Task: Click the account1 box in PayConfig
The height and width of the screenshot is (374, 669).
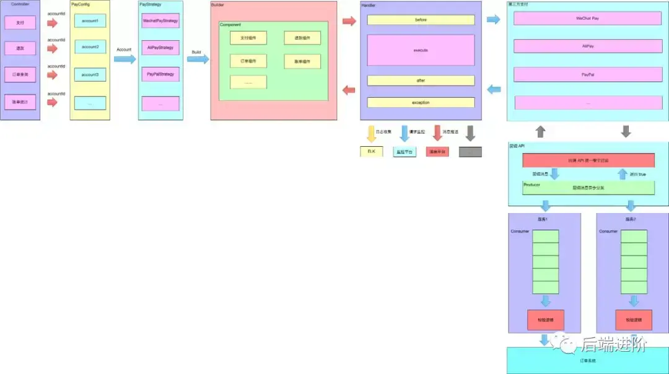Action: coord(90,21)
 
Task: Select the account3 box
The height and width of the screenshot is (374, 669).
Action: coord(90,74)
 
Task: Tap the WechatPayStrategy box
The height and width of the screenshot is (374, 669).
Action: coord(160,21)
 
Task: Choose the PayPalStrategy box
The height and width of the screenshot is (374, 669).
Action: coord(160,74)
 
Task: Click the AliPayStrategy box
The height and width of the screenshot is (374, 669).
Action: coord(160,47)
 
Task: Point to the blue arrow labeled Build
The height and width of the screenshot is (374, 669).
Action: coord(198,59)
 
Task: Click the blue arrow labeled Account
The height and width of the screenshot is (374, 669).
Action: coord(125,59)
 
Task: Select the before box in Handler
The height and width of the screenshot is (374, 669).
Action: coord(421,20)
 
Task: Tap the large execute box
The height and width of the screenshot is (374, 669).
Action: coord(421,50)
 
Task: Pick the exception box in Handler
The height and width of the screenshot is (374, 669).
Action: coord(421,103)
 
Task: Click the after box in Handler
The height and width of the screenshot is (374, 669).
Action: coord(421,80)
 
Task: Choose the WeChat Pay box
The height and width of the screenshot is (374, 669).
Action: coord(587,19)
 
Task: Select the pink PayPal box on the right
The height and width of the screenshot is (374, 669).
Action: coord(587,74)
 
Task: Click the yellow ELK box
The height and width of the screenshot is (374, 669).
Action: coord(372,152)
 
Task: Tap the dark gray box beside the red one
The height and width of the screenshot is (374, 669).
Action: coord(470,152)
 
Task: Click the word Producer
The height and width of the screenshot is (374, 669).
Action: coord(532,185)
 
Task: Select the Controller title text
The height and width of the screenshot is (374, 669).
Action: coord(20,4)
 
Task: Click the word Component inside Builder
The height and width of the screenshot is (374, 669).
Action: coord(230,25)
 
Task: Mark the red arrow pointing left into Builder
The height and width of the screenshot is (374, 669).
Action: coord(349,90)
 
